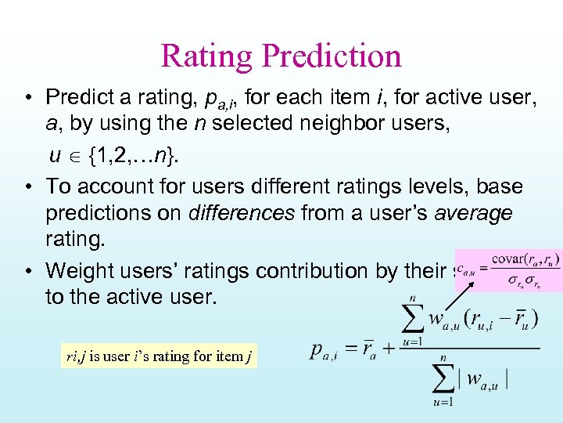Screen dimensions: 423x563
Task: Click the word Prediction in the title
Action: [332, 56]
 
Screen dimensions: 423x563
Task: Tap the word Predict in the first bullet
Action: [77, 97]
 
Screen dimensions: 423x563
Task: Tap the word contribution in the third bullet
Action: [312, 270]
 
